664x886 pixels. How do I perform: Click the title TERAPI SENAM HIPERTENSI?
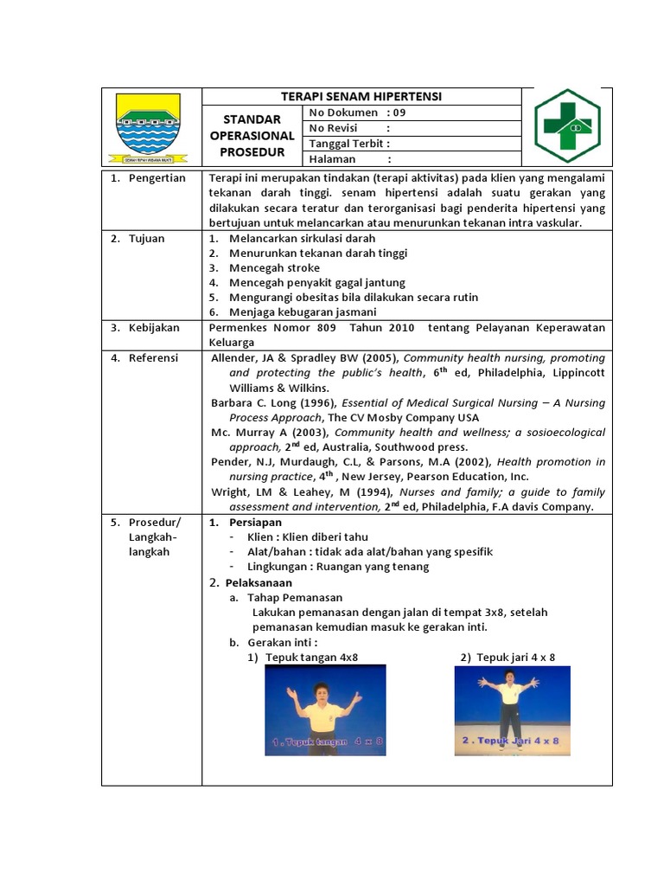pyautogui.click(x=361, y=96)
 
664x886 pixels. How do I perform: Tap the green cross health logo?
pyautogui.click(x=566, y=125)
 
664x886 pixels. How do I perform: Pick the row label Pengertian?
pyautogui.click(x=154, y=178)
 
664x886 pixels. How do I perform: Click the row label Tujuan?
pyautogui.click(x=146, y=238)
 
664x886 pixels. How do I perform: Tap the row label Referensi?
pyautogui.click(x=152, y=357)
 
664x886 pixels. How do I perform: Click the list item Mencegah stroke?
pyautogui.click(x=274, y=268)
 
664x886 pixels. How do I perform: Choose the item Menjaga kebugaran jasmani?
pyautogui.click(x=302, y=312)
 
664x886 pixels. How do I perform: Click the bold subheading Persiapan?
pyautogui.click(x=255, y=523)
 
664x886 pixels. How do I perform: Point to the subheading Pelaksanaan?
pyautogui.click(x=259, y=582)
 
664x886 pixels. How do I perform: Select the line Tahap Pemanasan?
pyautogui.click(x=295, y=597)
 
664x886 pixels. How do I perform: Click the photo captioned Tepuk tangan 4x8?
pyautogui.click(x=325, y=709)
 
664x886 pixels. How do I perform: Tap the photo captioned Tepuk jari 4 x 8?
pyautogui.click(x=511, y=709)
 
